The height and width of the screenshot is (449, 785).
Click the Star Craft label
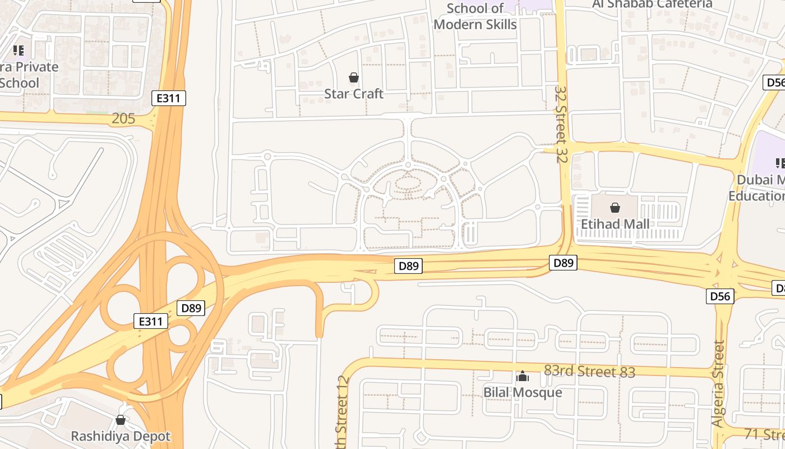coord(353,94)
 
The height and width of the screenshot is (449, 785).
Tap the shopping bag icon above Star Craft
coord(354,77)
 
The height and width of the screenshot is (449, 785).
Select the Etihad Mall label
coord(615,224)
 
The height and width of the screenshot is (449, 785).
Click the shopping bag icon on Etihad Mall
coord(615,208)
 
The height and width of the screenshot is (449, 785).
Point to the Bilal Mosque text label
coord(523,392)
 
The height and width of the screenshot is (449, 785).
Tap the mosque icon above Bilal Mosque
coord(523,376)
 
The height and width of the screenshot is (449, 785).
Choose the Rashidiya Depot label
coord(120,436)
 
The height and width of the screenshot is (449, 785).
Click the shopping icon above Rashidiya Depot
coord(120,420)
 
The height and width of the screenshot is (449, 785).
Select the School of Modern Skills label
coord(475,16)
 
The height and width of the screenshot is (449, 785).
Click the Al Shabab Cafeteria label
coord(652,4)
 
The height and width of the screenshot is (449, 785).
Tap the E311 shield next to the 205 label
coord(169,98)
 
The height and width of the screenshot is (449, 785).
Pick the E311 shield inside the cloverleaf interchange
coord(151,321)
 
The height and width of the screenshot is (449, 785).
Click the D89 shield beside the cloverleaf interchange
coord(191,308)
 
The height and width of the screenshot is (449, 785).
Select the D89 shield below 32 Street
coord(563,263)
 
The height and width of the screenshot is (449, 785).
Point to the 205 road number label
coord(123,118)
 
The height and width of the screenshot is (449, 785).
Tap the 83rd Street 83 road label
coord(589,372)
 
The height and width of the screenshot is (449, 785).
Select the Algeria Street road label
coord(718,384)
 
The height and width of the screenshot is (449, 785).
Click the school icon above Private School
coord(19,51)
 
